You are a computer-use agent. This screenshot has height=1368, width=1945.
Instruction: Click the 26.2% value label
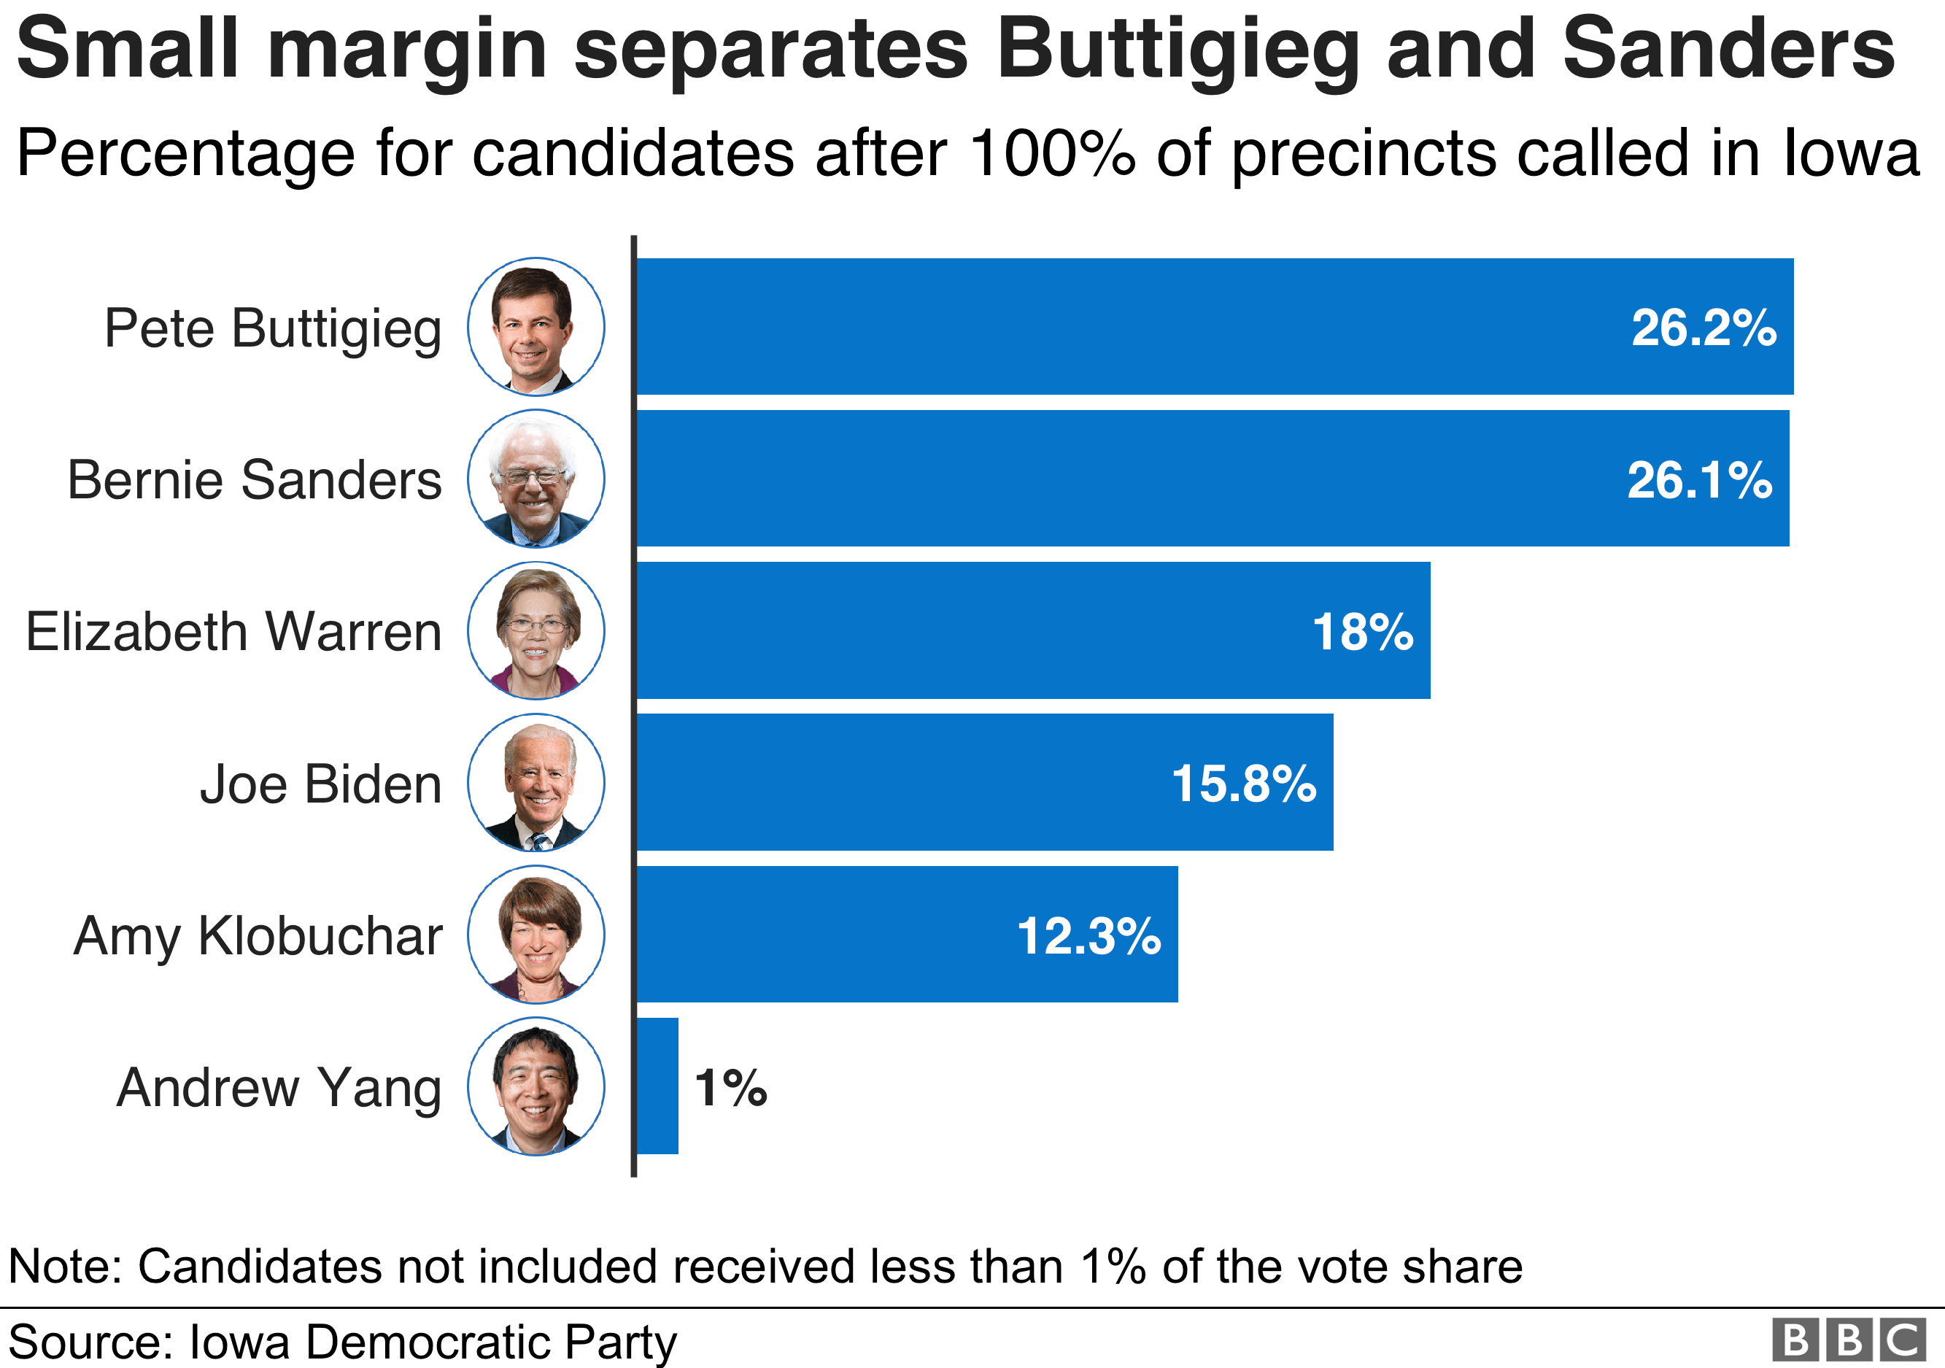click(1704, 328)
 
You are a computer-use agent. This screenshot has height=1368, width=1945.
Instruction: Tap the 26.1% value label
click(1699, 480)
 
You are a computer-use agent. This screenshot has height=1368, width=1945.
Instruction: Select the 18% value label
click(1363, 632)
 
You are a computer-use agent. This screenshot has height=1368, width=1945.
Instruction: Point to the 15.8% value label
click(1244, 784)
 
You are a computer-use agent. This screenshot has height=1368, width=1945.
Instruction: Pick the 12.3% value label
click(1088, 936)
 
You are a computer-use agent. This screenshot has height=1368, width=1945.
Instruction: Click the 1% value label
click(730, 1088)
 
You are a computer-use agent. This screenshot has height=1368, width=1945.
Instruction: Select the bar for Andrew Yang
click(657, 1086)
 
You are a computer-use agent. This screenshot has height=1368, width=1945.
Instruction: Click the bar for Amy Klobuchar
click(906, 935)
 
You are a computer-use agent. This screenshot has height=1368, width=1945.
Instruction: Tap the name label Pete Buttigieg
click(273, 328)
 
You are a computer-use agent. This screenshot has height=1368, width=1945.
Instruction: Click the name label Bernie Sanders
click(254, 480)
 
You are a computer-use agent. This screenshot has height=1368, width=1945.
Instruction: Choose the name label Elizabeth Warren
click(233, 632)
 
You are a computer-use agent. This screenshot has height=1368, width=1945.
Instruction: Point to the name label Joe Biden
click(321, 784)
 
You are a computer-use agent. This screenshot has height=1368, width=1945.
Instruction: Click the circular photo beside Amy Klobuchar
click(536, 935)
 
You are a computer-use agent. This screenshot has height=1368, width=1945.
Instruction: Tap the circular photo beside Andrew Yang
click(536, 1086)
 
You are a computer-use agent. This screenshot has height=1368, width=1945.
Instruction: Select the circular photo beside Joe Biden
click(536, 783)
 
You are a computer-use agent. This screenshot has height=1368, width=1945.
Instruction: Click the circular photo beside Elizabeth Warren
click(536, 631)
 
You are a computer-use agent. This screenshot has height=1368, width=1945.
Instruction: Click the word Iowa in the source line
click(241, 1342)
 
